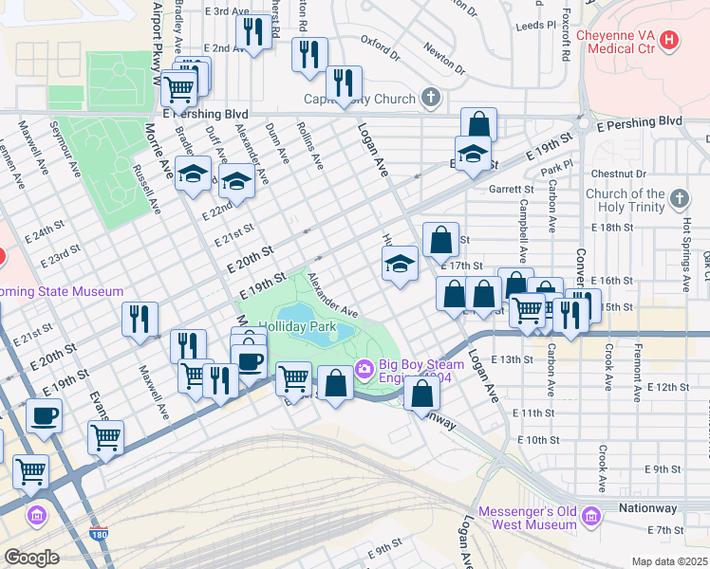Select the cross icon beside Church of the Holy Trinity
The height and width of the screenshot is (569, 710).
coord(678,198)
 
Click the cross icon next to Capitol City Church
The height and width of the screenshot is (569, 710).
coord(431,98)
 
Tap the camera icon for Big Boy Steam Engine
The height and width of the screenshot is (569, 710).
coord(363,368)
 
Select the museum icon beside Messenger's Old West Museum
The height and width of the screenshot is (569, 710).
coord(592,517)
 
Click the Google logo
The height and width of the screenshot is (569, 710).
coord(31,557)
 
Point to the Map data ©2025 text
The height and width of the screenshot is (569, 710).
coord(670,561)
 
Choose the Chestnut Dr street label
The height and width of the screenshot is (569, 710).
coord(617,174)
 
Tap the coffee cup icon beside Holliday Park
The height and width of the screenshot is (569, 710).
coord(250,361)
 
